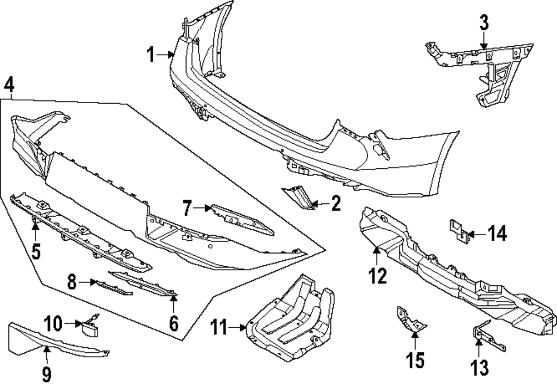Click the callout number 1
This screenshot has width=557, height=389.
[x=151, y=55]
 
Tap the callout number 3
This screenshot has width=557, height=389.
[x=483, y=23]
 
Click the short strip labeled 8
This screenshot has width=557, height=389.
[x=113, y=286]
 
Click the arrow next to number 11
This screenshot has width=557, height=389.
[x=240, y=328]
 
